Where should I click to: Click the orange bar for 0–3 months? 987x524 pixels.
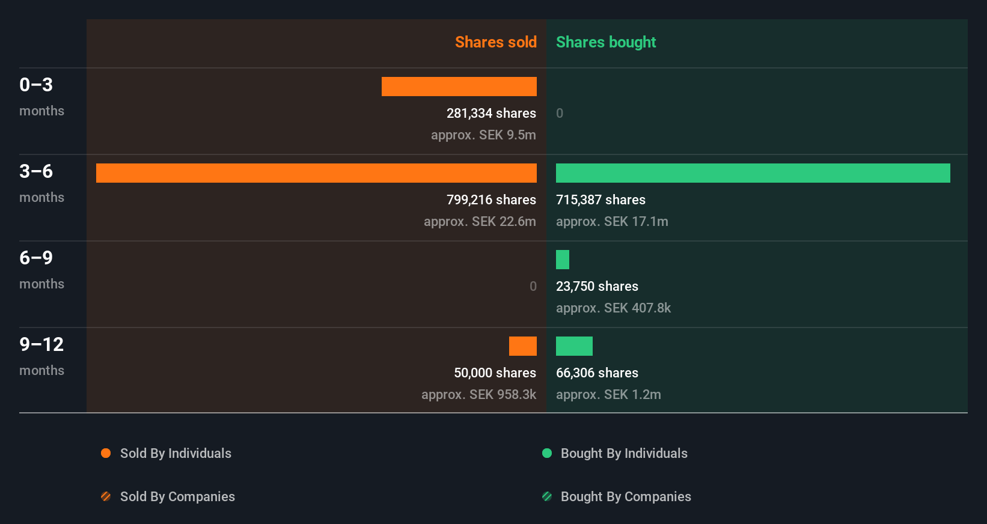pyautogui.click(x=459, y=87)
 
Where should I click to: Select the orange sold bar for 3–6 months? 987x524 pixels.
pyautogui.click(x=316, y=173)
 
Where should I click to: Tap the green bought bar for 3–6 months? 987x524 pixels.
pyautogui.click(x=753, y=173)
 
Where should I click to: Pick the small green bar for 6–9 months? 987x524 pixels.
pyautogui.click(x=563, y=260)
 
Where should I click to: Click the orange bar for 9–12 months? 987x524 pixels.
pyautogui.click(x=522, y=346)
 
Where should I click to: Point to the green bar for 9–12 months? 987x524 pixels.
pyautogui.click(x=574, y=346)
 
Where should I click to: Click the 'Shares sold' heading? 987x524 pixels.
pyautogui.click(x=495, y=42)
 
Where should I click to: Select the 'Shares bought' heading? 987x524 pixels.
pyautogui.click(x=605, y=42)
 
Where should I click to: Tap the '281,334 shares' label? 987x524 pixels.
pyautogui.click(x=491, y=113)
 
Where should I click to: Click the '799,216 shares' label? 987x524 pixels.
pyautogui.click(x=491, y=200)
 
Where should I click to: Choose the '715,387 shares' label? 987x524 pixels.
pyautogui.click(x=600, y=200)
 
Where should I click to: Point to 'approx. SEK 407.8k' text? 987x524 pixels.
pyautogui.click(x=613, y=308)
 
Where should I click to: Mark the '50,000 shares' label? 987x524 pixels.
pyautogui.click(x=495, y=373)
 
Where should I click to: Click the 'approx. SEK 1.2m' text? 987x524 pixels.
pyautogui.click(x=608, y=394)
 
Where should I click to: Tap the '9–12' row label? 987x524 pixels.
pyautogui.click(x=41, y=344)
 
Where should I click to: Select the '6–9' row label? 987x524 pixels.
pyautogui.click(x=36, y=258)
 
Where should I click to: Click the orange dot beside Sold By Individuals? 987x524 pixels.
pyautogui.click(x=106, y=453)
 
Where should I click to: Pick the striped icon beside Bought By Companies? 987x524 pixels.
pyautogui.click(x=547, y=496)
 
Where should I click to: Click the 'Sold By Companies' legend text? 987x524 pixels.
pyautogui.click(x=177, y=496)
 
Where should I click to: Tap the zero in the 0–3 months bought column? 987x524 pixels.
pyautogui.click(x=560, y=113)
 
